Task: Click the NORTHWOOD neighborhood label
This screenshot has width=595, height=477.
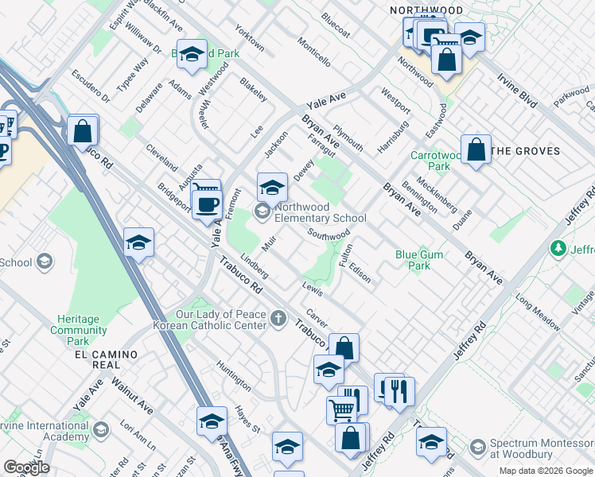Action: [x=426, y=10]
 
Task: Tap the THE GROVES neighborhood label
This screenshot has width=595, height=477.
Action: [x=525, y=150]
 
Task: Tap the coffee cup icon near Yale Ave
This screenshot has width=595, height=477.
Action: [x=208, y=204]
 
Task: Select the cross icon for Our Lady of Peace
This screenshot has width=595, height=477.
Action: [x=278, y=319]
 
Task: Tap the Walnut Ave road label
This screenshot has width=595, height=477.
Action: [x=131, y=395]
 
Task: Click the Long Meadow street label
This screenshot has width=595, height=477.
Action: [x=538, y=309]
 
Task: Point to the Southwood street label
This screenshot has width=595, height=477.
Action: [x=329, y=235]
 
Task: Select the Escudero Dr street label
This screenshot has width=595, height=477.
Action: [x=91, y=87]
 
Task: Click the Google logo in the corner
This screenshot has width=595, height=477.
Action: [x=26, y=467]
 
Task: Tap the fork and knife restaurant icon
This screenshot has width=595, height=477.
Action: [x=399, y=390]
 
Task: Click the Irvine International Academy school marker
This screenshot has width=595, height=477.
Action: [x=101, y=431]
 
